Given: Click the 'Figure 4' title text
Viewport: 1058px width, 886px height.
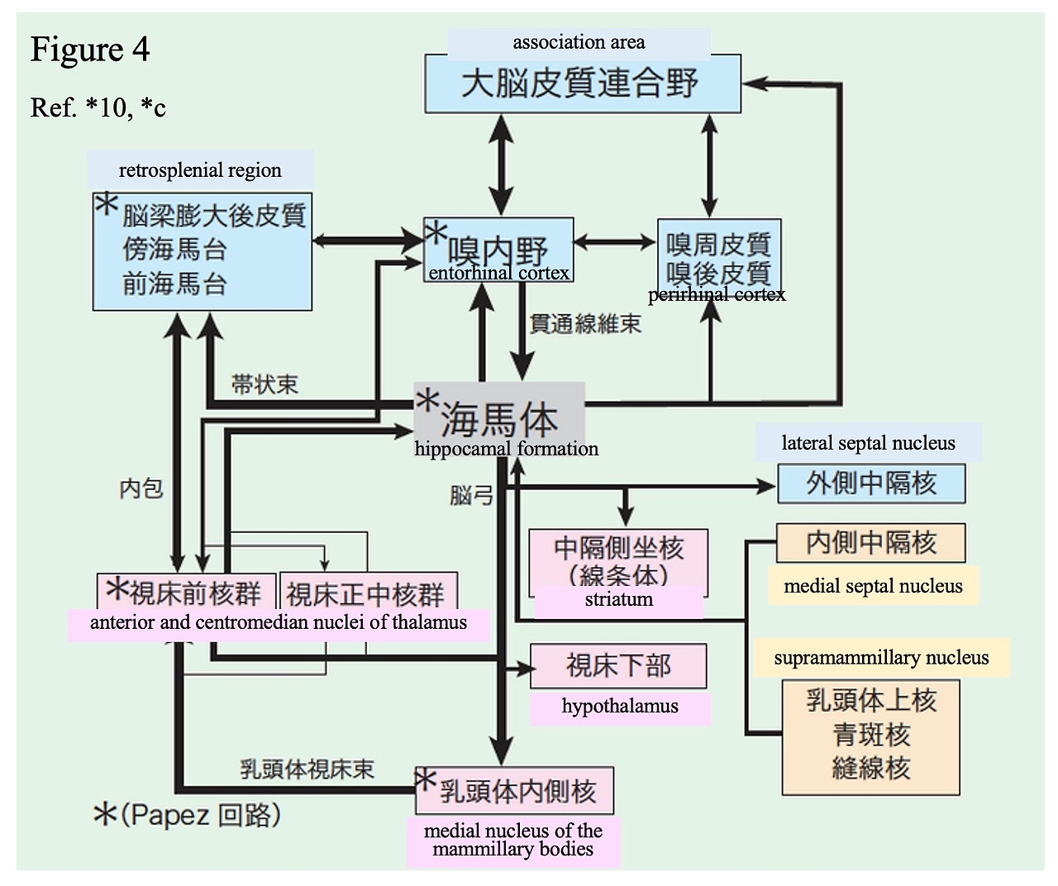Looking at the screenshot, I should coord(90,50).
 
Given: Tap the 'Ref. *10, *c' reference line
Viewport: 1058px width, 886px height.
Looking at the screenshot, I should coord(98,107).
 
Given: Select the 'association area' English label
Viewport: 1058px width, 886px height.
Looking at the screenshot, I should coord(579,42).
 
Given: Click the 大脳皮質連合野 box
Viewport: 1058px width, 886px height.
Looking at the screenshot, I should coord(582,84).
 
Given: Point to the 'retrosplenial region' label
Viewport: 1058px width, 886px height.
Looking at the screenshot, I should coord(200,170).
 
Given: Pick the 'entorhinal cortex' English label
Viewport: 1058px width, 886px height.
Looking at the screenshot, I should coord(499,273).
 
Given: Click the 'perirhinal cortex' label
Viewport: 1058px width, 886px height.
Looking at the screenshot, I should coord(717,295).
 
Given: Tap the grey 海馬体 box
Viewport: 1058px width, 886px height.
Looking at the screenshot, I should coord(499,413).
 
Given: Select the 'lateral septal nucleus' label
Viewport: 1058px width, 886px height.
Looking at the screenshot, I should coord(868,443).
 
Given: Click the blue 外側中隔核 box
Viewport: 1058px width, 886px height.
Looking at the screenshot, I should coord(871,483).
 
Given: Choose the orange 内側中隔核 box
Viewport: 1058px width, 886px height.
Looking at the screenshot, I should coord(870,543).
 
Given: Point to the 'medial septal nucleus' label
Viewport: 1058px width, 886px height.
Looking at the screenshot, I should coord(873,586).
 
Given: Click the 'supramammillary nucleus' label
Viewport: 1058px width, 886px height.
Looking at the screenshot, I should coord(881,658).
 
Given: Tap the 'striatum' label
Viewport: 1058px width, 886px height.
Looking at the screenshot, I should coord(618,600).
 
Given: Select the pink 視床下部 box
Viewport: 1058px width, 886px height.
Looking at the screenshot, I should coord(618,665).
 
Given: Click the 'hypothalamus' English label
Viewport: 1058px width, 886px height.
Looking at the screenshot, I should coord(620,707).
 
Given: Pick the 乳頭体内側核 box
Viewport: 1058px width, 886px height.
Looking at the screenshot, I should coord(515,791).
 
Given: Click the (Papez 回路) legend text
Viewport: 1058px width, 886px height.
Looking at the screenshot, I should coord(188,816).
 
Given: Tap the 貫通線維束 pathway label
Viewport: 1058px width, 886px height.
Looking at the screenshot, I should coord(585,324).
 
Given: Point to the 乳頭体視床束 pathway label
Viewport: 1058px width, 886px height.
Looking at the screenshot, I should coord(307,769).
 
